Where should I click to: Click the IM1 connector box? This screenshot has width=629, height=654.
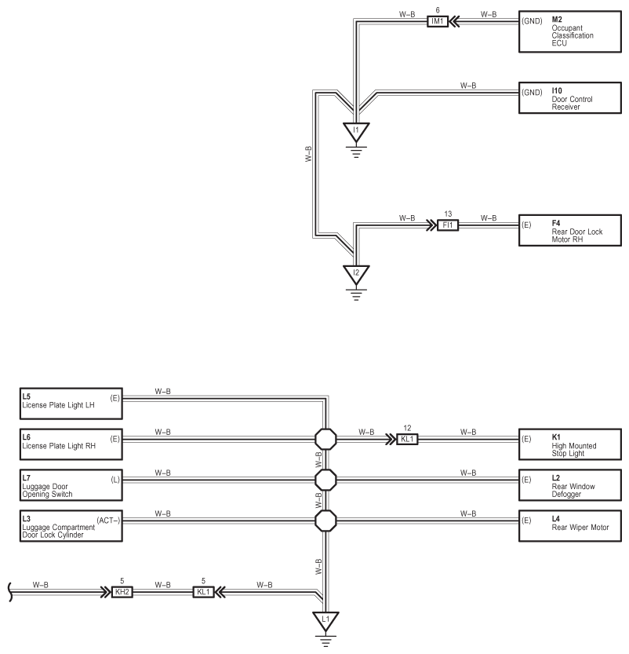438,21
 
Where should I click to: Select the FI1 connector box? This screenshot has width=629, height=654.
448,225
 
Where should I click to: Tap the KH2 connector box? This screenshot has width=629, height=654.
122,592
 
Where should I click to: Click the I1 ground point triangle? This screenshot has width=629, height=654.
356,132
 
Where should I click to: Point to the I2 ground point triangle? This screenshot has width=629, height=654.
356,275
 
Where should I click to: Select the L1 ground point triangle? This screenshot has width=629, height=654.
325,621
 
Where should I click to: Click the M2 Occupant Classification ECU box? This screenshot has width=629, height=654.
570,31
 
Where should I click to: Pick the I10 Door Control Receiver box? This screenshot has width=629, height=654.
570,98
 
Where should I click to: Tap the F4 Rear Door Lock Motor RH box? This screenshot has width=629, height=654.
570,230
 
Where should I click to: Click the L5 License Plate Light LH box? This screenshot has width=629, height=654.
71,404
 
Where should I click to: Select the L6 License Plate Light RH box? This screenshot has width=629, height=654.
71,444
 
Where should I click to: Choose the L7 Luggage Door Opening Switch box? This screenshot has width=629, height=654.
71,485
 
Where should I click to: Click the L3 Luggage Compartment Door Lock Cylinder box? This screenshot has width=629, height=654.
71,526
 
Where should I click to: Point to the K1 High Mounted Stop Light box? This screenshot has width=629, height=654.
570,444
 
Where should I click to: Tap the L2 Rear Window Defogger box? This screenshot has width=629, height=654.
570,485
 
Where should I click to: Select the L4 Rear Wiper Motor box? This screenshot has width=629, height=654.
570,526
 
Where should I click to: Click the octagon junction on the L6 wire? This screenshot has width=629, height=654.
325,439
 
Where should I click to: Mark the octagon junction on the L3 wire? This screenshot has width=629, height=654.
325,521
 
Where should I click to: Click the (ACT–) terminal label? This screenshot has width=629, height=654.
108,521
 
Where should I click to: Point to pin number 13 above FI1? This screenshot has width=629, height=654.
448,214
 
